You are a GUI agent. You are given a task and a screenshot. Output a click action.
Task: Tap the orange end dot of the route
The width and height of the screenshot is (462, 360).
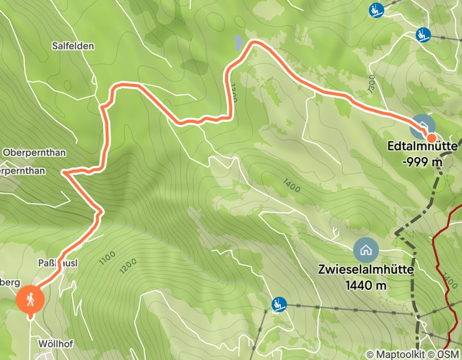click(431, 137)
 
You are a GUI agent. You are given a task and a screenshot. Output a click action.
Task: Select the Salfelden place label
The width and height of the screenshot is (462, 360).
click(73, 46)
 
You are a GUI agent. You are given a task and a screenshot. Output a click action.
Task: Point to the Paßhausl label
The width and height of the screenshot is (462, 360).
click(58, 263)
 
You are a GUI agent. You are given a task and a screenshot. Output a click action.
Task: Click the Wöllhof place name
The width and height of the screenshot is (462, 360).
click(54, 343)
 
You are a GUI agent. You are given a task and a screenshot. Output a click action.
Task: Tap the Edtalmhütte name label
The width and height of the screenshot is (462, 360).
click(422, 147)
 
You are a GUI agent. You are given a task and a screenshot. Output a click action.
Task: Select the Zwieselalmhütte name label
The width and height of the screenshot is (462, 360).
click(365, 270)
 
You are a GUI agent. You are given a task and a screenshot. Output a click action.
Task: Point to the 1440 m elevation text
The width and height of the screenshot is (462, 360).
click(365, 285)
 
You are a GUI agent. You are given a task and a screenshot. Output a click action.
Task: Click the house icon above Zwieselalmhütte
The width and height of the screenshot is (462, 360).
click(366, 250)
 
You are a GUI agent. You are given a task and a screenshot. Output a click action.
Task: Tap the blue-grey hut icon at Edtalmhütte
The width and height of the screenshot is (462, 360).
click(422, 125)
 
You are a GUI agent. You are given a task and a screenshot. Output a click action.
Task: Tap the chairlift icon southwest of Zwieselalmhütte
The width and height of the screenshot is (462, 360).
click(279, 304)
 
